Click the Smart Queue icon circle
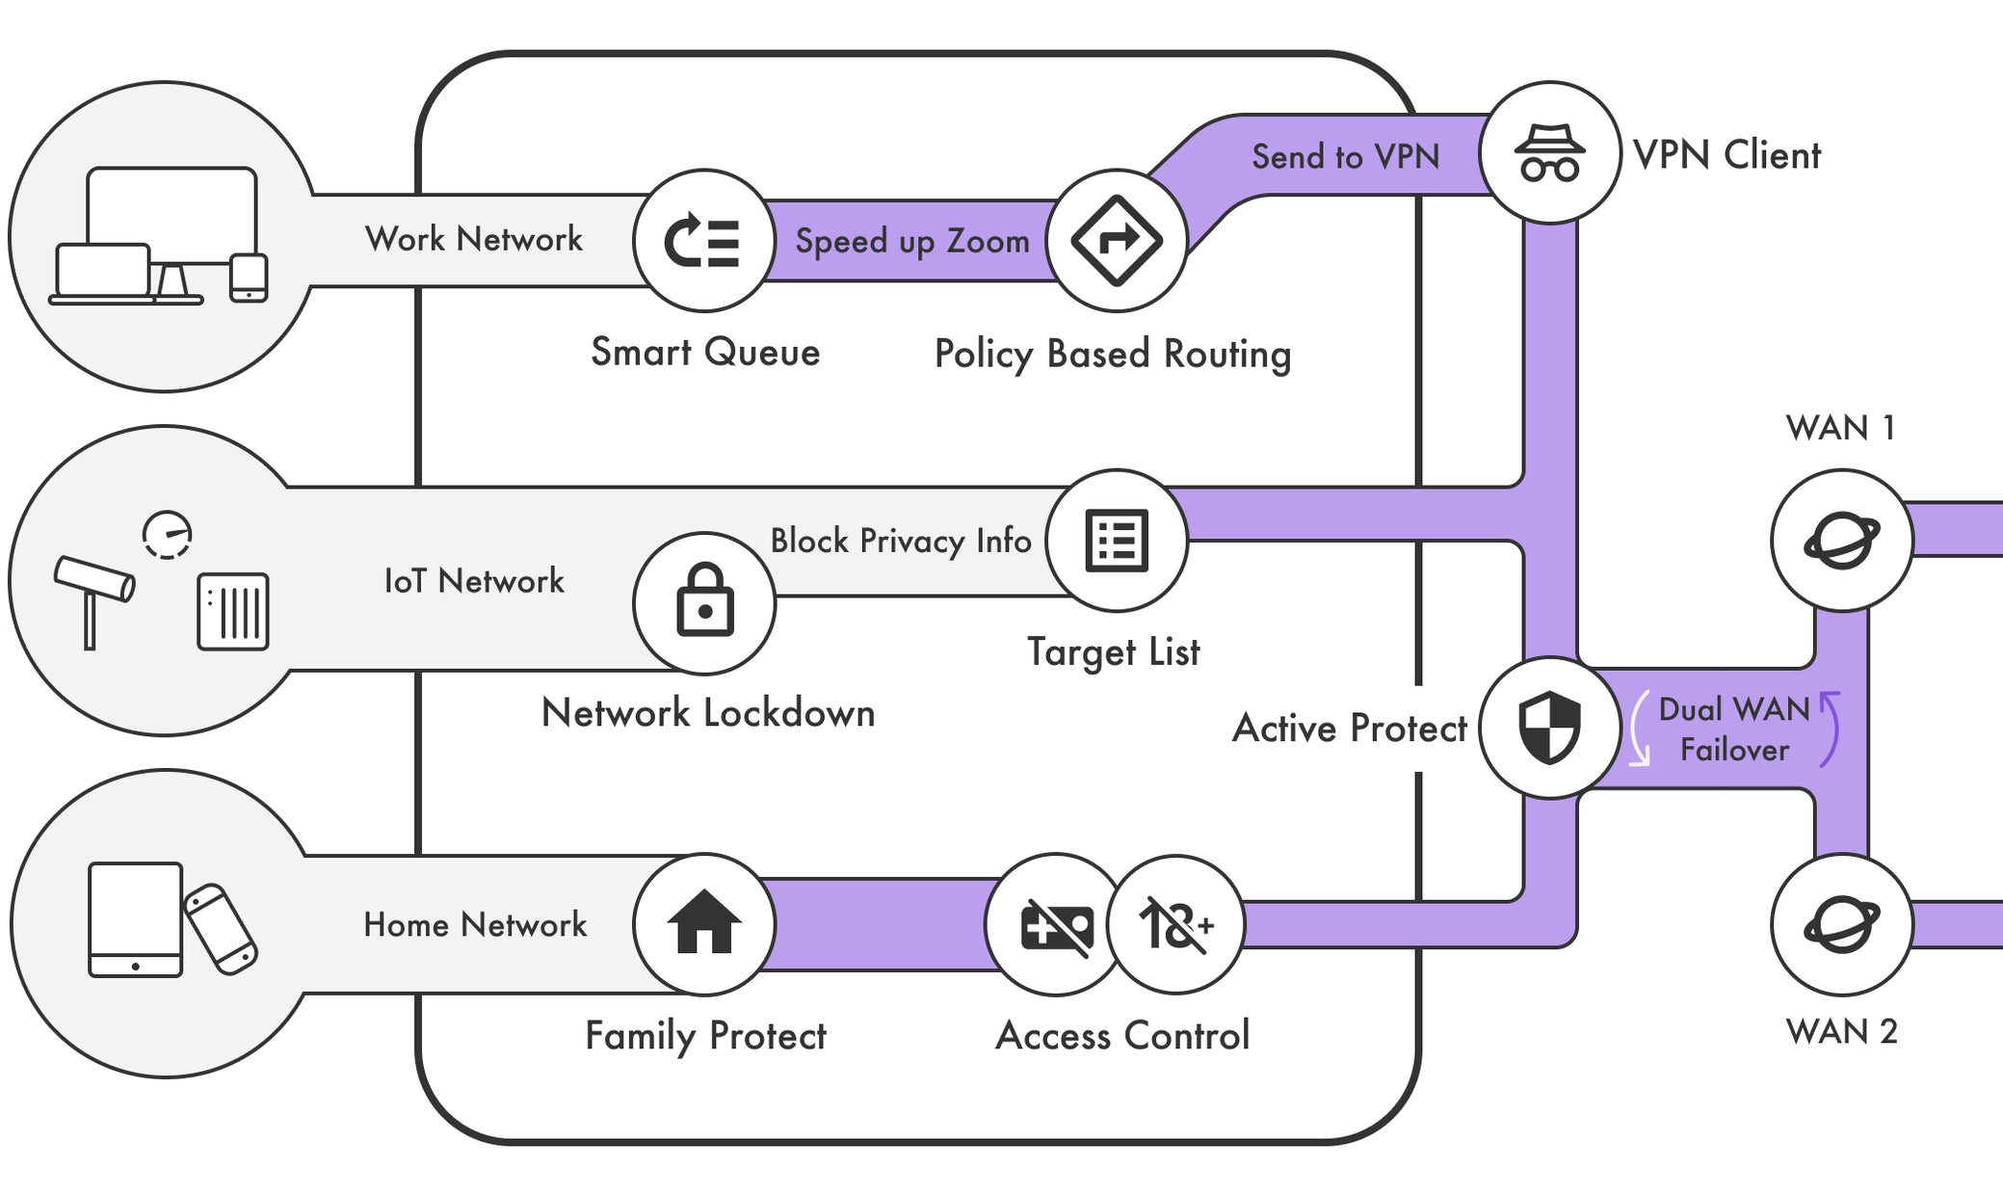tap(703, 241)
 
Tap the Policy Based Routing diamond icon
tap(1116, 241)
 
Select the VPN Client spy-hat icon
tap(1549, 153)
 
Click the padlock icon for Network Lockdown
tap(704, 603)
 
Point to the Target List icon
tap(1116, 541)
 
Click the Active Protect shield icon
tap(1549, 728)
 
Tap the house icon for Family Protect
tap(704, 923)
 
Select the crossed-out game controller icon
tap(1056, 925)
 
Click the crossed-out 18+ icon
tap(1175, 925)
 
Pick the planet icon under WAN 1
tap(1841, 541)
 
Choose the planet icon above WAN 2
tap(1841, 924)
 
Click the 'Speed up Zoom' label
tap(911, 241)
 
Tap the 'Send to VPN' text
tap(1345, 156)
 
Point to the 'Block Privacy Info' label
tap(900, 541)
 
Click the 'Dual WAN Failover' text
tap(1733, 730)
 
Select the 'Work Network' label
tap(473, 239)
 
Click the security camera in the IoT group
tap(93, 588)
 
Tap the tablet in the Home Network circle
tap(135, 918)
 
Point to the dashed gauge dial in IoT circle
tap(168, 535)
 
